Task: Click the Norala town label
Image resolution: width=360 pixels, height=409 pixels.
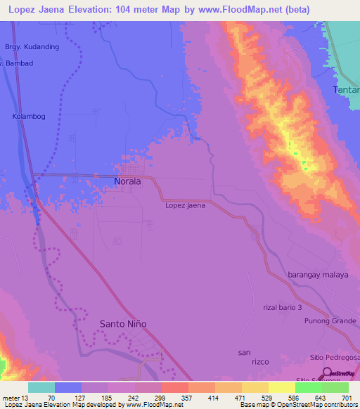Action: click(127, 181)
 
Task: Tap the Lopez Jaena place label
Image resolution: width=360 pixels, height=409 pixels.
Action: click(185, 205)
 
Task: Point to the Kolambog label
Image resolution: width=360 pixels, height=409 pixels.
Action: click(29, 117)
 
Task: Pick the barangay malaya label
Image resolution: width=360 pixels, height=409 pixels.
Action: click(318, 275)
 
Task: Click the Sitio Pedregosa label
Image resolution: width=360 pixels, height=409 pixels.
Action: click(335, 358)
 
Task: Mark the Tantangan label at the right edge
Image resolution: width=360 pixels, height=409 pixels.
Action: click(345, 89)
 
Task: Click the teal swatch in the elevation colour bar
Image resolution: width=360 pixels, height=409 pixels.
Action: click(41, 387)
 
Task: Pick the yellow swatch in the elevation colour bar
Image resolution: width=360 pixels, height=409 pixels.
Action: click(281, 387)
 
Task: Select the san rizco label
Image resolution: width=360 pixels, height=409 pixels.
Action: click(244, 357)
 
